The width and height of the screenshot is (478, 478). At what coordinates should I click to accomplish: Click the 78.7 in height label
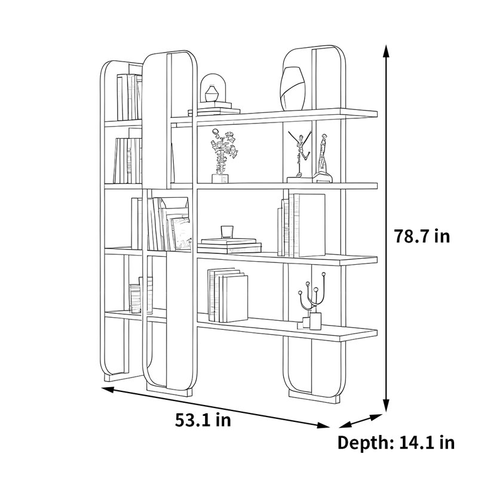click(x=422, y=236)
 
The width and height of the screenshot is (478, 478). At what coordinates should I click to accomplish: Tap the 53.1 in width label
click(x=203, y=420)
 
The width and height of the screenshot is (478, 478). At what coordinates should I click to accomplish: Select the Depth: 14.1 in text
click(x=396, y=442)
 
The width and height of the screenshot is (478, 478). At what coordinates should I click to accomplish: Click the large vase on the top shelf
click(x=293, y=88)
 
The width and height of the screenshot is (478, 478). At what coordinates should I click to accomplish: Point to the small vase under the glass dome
click(x=212, y=94)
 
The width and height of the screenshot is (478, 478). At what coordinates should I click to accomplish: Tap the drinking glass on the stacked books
click(x=227, y=232)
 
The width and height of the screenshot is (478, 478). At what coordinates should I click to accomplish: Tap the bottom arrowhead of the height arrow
click(x=386, y=406)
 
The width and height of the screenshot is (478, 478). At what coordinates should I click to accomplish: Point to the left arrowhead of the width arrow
click(x=108, y=390)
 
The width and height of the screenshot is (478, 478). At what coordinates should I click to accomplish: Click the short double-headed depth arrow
click(x=361, y=421)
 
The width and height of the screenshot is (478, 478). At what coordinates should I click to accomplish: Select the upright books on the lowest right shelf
click(x=228, y=295)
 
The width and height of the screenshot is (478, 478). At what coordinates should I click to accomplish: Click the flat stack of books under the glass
click(x=229, y=246)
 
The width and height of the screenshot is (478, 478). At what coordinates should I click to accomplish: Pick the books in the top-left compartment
click(x=129, y=97)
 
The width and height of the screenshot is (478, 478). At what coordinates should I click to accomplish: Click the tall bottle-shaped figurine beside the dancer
click(x=323, y=158)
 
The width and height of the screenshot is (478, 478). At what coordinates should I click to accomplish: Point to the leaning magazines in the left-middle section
click(x=175, y=224)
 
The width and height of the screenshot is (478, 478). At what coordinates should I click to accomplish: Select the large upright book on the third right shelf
click(x=311, y=225)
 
